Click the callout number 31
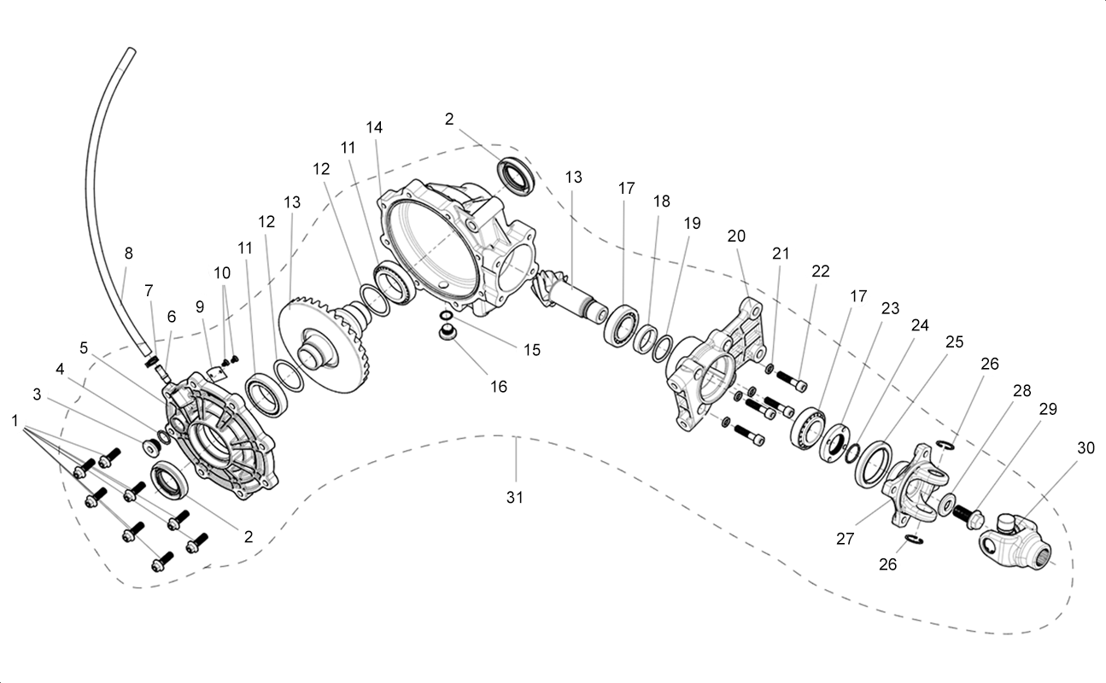[x=514, y=498]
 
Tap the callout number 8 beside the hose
[x=128, y=254]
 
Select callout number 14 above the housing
[x=374, y=127]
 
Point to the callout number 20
[x=736, y=236]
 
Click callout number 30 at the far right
[x=1086, y=447]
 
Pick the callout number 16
[x=499, y=387]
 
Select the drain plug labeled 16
[x=447, y=332]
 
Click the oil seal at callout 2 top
[x=516, y=175]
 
